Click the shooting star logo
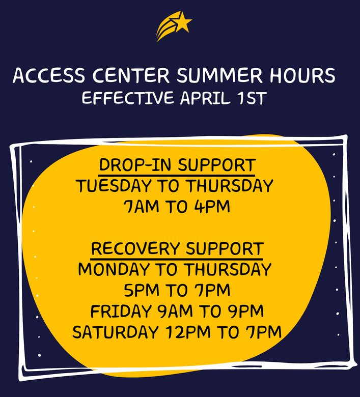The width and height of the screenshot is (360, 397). point(174,25)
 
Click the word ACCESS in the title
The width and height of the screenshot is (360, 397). point(49,75)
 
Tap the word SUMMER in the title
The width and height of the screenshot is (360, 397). point(219,75)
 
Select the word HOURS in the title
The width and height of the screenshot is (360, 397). point(302,75)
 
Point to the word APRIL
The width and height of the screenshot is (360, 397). point(206,98)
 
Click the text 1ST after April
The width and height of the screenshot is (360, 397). point(252,98)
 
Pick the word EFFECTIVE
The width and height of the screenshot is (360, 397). point(128,98)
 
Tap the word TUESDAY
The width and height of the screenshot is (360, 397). point(114,186)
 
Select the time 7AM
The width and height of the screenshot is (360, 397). point(142,206)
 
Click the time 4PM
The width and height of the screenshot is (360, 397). point(212,206)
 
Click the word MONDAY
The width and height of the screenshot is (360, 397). point(114,269)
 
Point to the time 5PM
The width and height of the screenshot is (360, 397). point(142,290)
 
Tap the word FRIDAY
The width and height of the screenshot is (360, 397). point(121,311)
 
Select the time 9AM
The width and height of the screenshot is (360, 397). point(175,311)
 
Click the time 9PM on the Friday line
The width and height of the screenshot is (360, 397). point(246,311)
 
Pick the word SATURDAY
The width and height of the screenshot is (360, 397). point(116,332)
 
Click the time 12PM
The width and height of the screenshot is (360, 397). point(188,332)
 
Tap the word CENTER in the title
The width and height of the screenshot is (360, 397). point(131,75)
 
